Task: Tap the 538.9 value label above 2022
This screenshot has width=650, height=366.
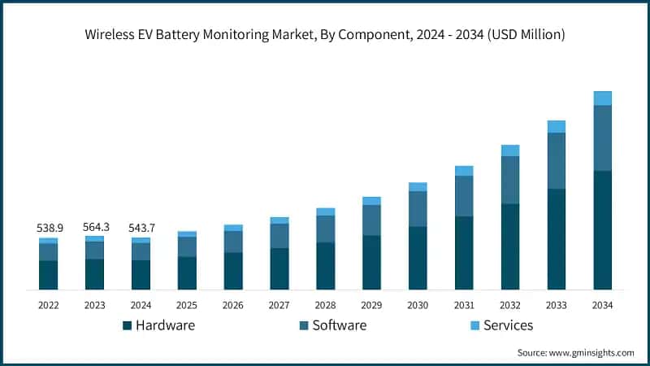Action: pos(48,229)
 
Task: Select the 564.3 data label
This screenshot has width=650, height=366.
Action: pos(94,227)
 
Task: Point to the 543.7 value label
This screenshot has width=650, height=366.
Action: pos(141,229)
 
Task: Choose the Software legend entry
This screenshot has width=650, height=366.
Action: pos(333,325)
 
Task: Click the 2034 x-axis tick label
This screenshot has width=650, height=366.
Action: pos(602,305)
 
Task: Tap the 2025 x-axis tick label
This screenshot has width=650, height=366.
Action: pos(187,305)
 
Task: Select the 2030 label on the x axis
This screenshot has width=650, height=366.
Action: pos(418,305)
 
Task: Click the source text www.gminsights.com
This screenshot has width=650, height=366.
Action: pos(575,352)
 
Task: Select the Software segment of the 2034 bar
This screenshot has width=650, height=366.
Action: pos(602,137)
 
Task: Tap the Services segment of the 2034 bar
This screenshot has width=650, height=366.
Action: pos(602,98)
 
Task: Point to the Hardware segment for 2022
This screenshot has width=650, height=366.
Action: pos(48,275)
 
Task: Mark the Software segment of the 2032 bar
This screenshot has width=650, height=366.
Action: pos(510,180)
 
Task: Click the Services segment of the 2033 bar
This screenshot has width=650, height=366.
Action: pos(556,127)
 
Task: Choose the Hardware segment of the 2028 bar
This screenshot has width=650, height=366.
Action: pos(325,266)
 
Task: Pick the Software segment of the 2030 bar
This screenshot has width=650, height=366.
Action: pos(418,209)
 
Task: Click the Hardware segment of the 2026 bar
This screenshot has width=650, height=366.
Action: pos(233,271)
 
